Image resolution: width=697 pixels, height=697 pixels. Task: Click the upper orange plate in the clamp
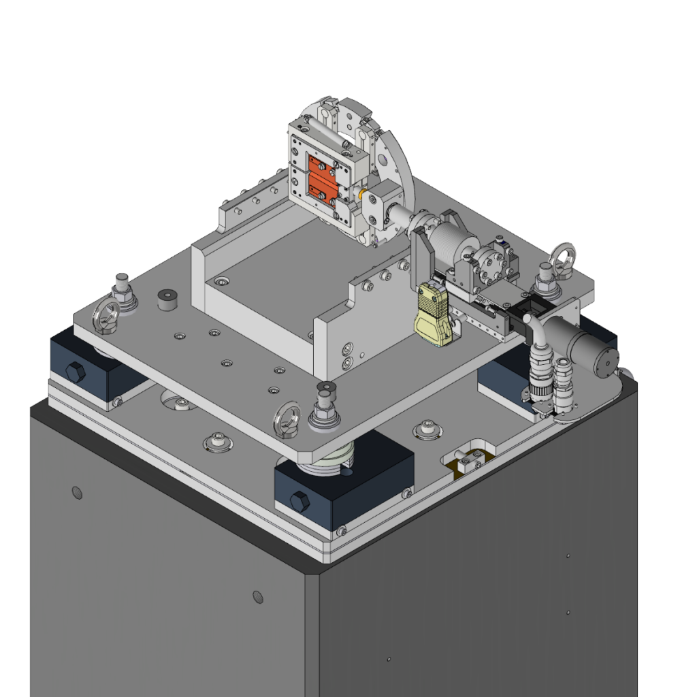point(318,165)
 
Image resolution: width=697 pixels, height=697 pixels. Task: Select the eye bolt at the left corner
point(106,314)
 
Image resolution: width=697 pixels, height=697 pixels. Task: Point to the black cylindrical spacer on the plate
point(166,299)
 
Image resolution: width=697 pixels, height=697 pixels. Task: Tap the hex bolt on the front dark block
point(299,502)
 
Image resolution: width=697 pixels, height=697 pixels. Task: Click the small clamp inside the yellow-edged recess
point(468,457)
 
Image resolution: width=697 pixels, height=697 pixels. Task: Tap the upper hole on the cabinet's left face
point(77,492)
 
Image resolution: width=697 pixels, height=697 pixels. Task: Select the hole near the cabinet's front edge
point(258,597)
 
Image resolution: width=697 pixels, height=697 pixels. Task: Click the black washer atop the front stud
point(326,388)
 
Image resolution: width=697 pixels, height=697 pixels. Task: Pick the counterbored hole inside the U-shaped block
point(222,280)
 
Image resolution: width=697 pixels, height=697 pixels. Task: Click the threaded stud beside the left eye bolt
point(123,289)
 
